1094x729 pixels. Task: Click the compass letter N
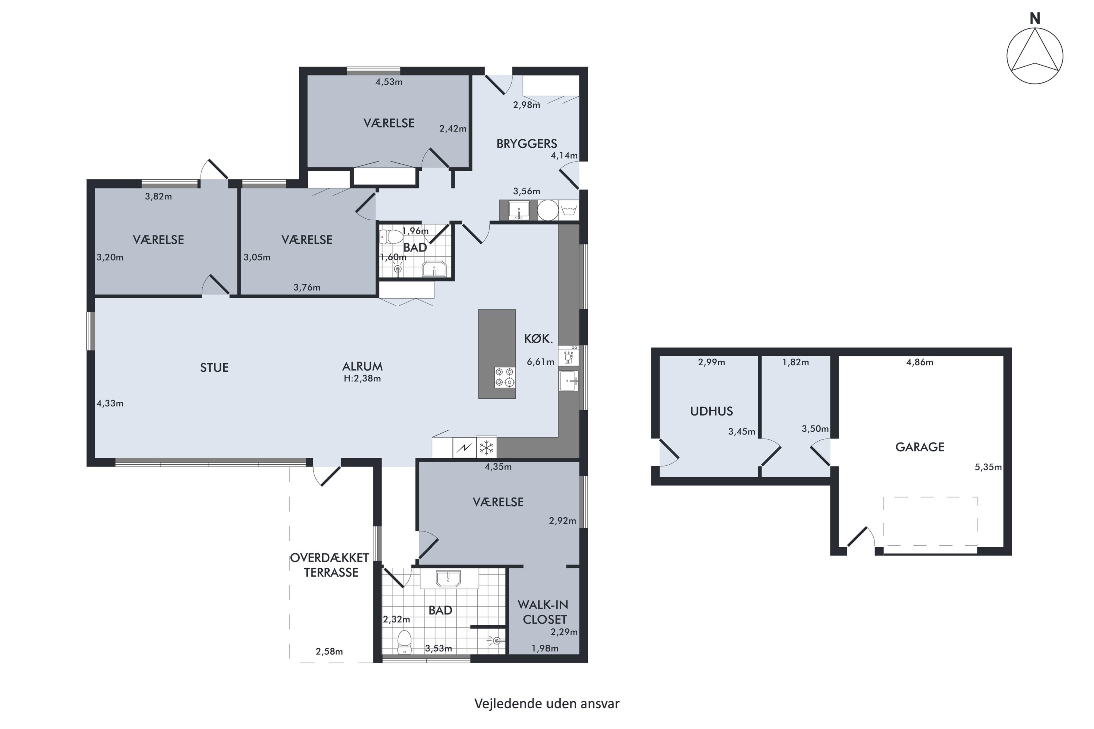tap(1035, 18)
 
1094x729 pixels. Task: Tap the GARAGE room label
tap(920, 447)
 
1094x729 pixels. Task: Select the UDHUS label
tap(711, 411)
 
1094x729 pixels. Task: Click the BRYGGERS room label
tap(527, 144)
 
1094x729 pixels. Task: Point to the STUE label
tap(214, 368)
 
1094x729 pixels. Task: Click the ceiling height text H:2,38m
tap(362, 378)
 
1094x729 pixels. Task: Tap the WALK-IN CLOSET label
tap(544, 612)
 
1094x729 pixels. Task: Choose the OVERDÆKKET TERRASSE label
tap(330, 565)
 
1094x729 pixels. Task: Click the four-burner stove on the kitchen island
tap(505, 377)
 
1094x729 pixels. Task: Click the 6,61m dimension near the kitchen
tap(540, 361)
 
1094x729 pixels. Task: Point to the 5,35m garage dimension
tap(988, 467)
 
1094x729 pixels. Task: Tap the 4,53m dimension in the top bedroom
tap(389, 82)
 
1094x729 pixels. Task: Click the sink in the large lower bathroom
tap(448, 579)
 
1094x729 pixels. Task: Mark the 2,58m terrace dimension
tap(329, 651)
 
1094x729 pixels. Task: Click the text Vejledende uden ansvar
tap(547, 703)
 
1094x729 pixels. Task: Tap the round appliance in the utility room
tap(548, 210)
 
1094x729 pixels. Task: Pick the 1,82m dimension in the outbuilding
tap(795, 362)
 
